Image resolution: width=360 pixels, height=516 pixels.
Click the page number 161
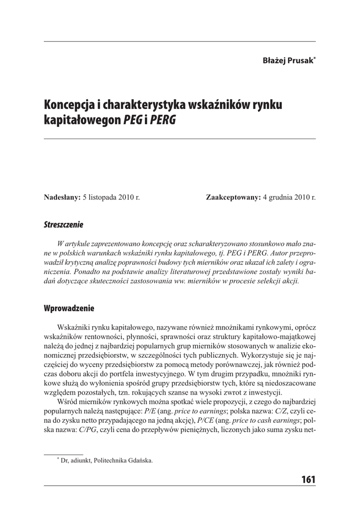pos(308,479)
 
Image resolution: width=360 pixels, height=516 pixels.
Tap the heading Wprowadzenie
pos(69,308)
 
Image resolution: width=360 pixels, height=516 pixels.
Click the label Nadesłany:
pos(62,197)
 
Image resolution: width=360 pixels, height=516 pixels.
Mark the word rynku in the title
pos(267,106)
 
